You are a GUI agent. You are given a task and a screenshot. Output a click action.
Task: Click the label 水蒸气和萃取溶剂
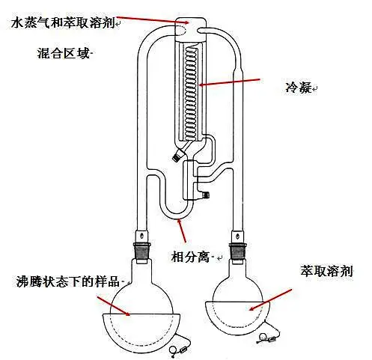pos(61,23)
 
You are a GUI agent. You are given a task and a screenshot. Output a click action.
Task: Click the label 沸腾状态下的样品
pos(68,281)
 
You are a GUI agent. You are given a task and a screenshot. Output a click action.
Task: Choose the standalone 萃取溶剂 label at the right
pos(325,269)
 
